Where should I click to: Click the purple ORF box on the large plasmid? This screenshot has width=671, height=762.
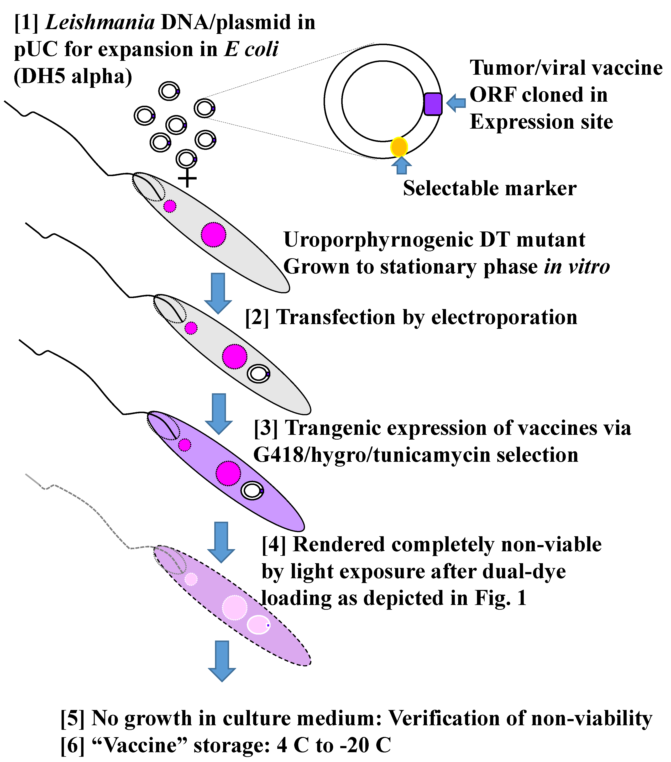click(x=433, y=104)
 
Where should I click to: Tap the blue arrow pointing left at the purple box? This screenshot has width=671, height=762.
click(x=456, y=103)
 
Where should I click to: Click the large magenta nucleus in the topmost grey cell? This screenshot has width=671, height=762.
click(x=214, y=235)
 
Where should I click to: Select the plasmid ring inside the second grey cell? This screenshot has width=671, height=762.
click(x=258, y=373)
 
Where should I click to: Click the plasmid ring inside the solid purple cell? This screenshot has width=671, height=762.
click(x=252, y=491)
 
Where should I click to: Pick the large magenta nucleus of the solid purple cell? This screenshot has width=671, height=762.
click(x=228, y=473)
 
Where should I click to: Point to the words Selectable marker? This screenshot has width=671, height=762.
click(x=489, y=189)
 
